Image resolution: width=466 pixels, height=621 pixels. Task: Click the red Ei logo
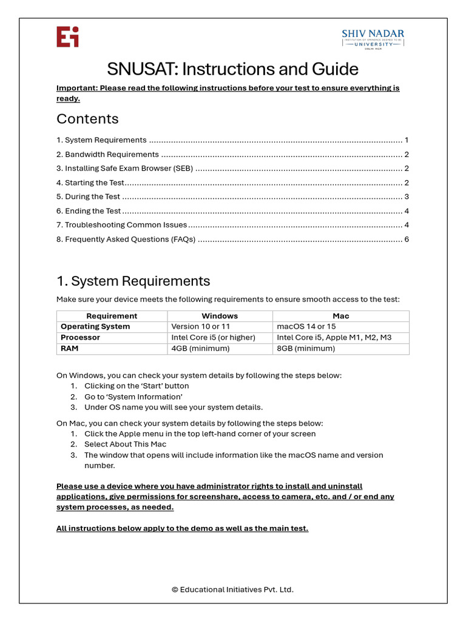point(67,37)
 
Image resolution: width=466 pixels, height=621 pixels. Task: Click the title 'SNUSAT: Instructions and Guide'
point(232,69)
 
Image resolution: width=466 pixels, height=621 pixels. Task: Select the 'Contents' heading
point(87,119)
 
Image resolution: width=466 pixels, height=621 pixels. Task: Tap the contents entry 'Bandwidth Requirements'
point(112,155)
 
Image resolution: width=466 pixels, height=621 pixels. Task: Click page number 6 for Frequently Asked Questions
point(407,240)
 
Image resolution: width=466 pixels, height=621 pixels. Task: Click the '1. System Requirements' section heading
point(133,281)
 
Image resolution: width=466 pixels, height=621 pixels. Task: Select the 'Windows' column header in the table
point(220,316)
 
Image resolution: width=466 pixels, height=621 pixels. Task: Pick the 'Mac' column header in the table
point(341,316)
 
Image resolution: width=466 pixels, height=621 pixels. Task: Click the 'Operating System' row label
point(95,327)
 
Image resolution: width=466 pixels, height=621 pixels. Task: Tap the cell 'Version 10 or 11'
point(201,327)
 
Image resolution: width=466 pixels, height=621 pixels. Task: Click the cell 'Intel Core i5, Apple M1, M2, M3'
point(334,338)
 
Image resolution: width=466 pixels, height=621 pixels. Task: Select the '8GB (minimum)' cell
point(306,349)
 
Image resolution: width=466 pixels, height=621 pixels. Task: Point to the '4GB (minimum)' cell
point(200,349)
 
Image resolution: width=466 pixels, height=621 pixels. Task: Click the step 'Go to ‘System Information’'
point(133,397)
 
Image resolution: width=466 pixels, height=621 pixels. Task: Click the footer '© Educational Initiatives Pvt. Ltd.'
point(232,589)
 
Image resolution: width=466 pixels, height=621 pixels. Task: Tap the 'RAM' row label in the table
point(70,349)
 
